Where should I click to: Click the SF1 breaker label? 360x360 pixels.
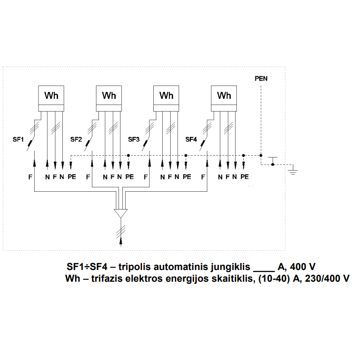click(18, 139)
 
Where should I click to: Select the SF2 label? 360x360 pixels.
click(76, 139)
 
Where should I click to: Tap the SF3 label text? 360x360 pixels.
click(134, 139)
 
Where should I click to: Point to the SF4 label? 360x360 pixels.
click(191, 139)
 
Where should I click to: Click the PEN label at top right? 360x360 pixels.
click(261, 79)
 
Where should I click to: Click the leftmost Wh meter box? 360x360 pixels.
click(51, 98)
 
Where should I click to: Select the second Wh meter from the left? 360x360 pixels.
click(109, 98)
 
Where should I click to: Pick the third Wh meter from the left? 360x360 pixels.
click(166, 98)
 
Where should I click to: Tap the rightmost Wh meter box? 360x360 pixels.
click(224, 98)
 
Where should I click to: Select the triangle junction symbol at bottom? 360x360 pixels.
click(121, 213)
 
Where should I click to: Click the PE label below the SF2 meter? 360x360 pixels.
click(129, 177)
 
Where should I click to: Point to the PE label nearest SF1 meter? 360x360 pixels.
click(72, 177)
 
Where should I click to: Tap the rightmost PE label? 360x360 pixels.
click(245, 177)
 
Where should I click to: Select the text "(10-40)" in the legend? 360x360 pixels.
click(274, 278)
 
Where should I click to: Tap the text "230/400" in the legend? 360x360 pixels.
click(322, 278)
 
